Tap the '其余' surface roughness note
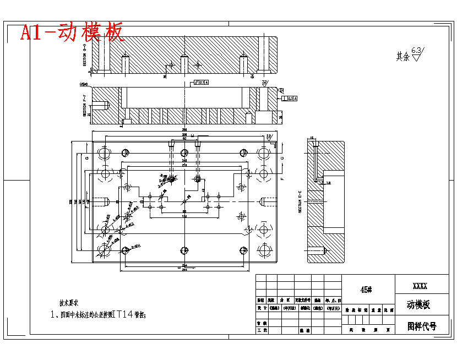click(x=403, y=56)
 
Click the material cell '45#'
click(x=367, y=290)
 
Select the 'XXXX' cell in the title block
click(x=420, y=286)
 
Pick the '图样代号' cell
click(x=422, y=326)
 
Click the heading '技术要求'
click(x=69, y=303)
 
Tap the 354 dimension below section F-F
click(x=184, y=130)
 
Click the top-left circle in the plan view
click(x=105, y=152)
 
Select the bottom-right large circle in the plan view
click(x=264, y=250)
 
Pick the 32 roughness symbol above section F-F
click(x=265, y=83)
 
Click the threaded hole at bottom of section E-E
click(x=316, y=251)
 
